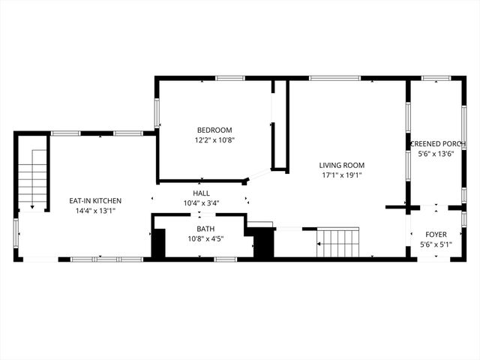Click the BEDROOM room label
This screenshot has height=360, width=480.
click(214, 129)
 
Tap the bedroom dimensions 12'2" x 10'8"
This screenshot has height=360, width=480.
click(214, 139)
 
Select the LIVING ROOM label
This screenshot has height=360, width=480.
click(341, 165)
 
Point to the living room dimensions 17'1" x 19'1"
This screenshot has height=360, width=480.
click(341, 175)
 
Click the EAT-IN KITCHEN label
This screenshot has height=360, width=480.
click(95, 200)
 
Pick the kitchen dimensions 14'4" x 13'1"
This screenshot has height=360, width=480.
click(95, 211)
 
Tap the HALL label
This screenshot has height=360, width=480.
click(202, 193)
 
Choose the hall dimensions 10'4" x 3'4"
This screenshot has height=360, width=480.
click(202, 203)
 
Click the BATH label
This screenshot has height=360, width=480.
click(205, 229)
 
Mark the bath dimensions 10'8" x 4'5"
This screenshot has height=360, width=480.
click(205, 239)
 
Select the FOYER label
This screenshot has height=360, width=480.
click(436, 234)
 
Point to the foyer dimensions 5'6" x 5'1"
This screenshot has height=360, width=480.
click(436, 244)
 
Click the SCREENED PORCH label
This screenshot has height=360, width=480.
click(438, 143)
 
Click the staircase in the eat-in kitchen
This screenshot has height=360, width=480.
click(33, 178)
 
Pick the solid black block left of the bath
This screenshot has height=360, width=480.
click(158, 244)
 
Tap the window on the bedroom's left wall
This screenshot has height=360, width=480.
click(157, 112)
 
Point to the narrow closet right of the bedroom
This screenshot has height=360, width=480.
click(279, 127)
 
